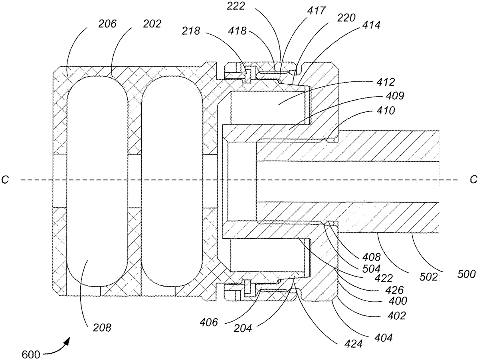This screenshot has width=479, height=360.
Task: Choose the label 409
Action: pyautogui.click(x=384, y=96)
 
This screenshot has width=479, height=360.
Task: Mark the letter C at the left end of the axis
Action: pyautogui.click(x=6, y=180)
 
